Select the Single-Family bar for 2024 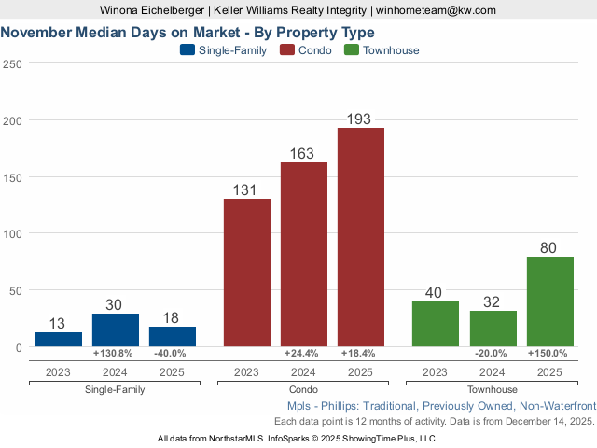click(116, 329)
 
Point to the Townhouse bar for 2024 click(493, 329)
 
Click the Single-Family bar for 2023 click(59, 339)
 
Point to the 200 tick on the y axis click(13, 120)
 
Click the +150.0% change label click(548, 354)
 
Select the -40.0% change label click(170, 354)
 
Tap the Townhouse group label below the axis click(492, 389)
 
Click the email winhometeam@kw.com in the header click(437, 10)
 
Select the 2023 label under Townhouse click(436, 372)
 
